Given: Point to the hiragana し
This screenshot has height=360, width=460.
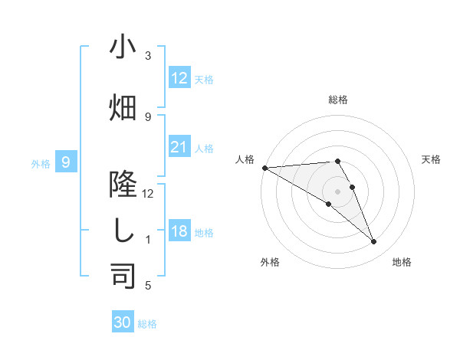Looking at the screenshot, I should [123, 231].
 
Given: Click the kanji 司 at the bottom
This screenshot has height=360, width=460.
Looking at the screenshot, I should [123, 275].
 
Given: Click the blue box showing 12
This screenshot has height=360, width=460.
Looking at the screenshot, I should [179, 78].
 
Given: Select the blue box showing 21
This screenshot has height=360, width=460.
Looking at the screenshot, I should [179, 147].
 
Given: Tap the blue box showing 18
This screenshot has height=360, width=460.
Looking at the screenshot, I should [179, 231].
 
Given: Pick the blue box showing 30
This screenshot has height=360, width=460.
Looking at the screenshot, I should [123, 322].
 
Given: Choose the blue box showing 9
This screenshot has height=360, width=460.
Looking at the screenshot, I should [67, 162].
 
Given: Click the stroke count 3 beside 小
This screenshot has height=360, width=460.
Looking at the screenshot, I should [148, 56].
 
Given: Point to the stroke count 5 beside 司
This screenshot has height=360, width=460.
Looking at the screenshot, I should [148, 286].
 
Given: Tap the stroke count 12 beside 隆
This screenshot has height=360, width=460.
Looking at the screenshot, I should [148, 194].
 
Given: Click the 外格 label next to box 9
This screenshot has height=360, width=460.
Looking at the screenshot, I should [41, 163].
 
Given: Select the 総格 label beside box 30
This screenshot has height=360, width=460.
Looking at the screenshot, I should [147, 324].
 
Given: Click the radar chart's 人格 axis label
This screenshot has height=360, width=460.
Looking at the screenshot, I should [245, 159].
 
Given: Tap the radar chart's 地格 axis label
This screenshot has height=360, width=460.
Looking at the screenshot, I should [402, 262].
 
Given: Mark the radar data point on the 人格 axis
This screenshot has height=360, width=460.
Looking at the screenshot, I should [264, 168].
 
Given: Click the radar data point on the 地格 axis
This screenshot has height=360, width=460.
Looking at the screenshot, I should [373, 242].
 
